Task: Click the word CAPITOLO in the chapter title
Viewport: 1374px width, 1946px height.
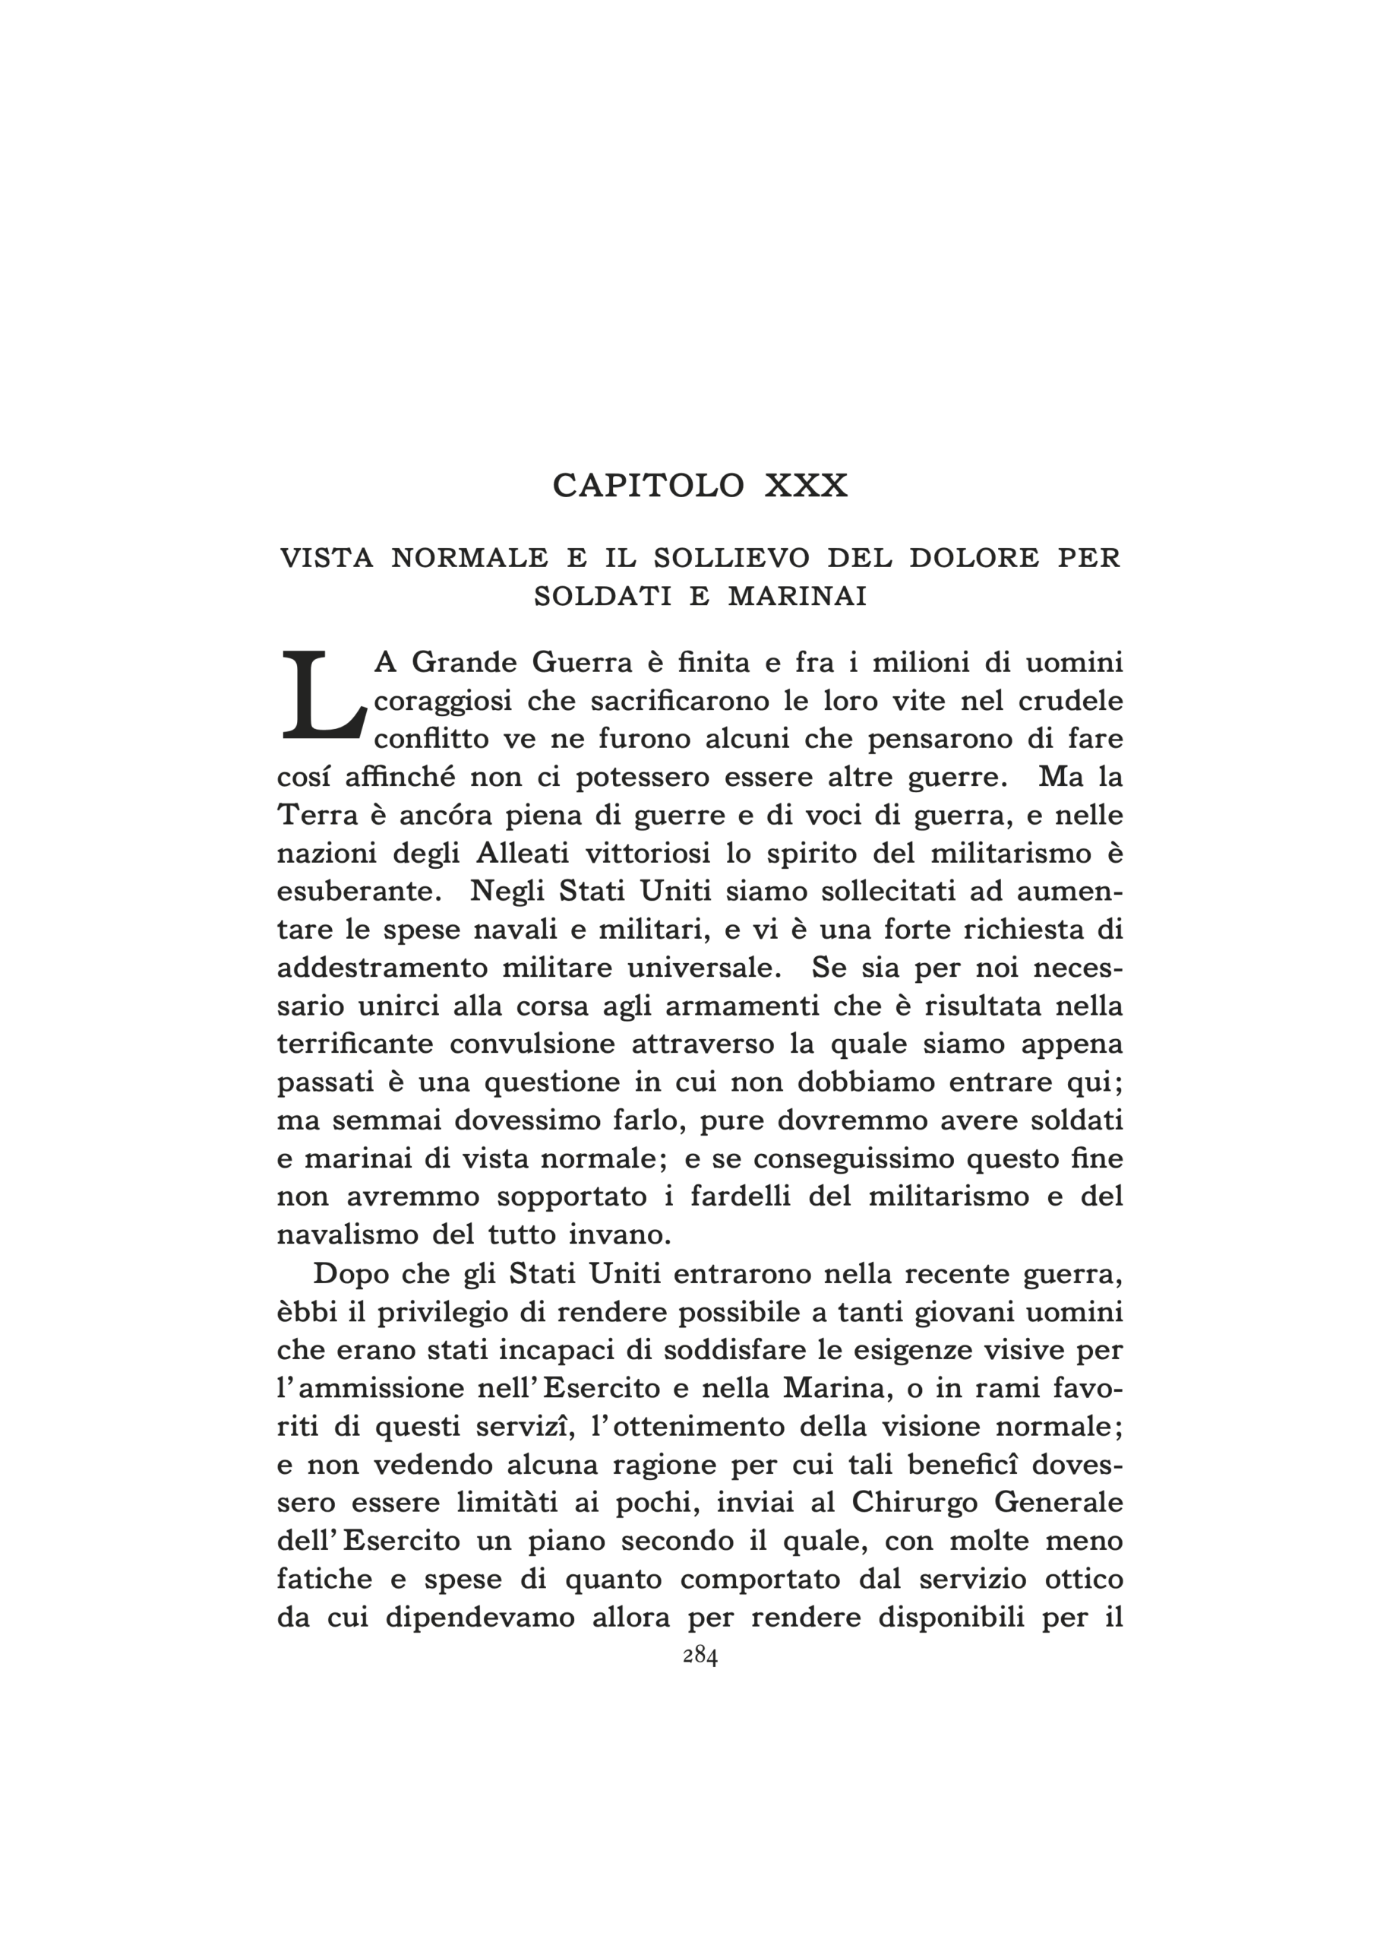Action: pos(648,486)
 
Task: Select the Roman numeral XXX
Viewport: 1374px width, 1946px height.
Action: pos(806,486)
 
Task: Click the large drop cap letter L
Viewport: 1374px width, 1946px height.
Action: pos(322,696)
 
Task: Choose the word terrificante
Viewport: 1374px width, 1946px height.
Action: pos(355,1044)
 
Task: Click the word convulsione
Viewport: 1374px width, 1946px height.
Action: pos(532,1044)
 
